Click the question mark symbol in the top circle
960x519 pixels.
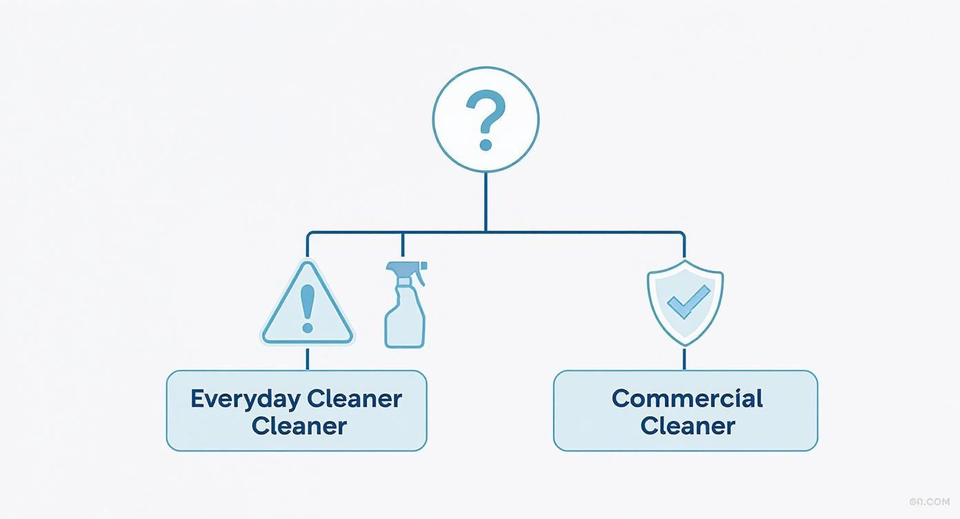pos(486,115)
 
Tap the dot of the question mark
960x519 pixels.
pos(486,145)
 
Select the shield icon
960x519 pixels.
pos(685,302)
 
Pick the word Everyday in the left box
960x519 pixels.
pos(245,399)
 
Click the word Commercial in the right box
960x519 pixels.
pos(687,399)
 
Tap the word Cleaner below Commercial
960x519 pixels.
pos(687,426)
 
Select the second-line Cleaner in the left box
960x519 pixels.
pos(299,426)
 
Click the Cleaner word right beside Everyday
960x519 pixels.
pos(354,399)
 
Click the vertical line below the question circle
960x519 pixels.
pos(486,202)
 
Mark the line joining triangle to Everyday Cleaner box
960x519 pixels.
pos(308,358)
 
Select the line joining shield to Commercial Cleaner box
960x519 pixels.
pos(685,358)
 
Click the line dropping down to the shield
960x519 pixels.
pos(684,246)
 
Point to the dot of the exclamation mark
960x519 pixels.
pos(308,327)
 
